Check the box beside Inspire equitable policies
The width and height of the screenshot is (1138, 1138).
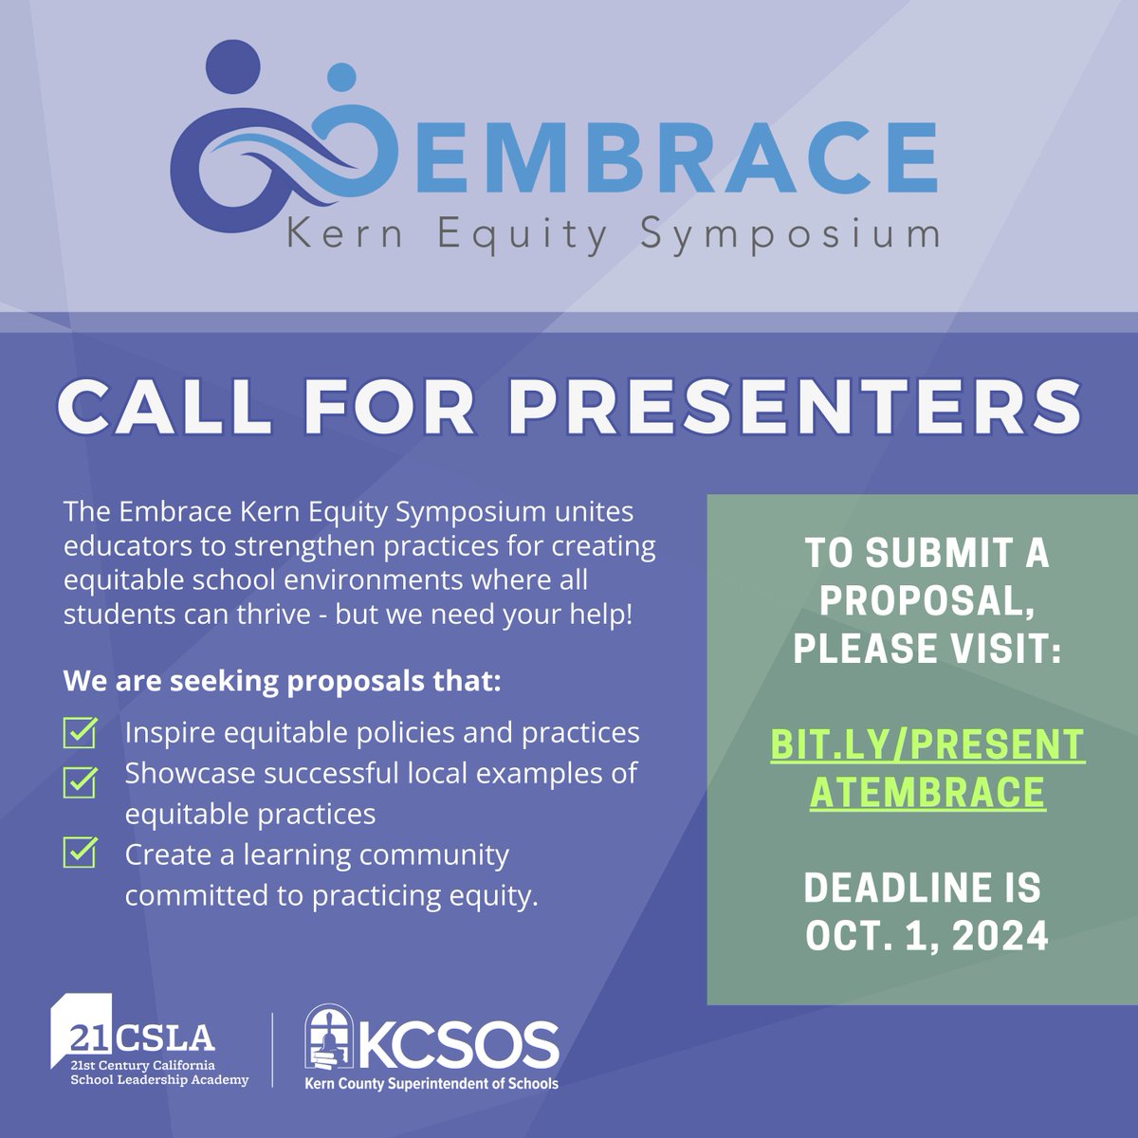(80, 733)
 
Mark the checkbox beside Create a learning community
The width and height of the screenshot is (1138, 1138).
(80, 853)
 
